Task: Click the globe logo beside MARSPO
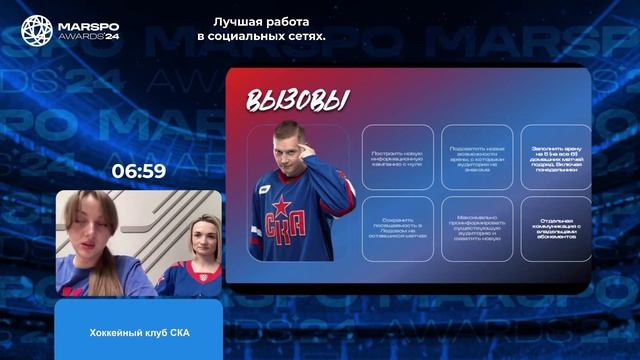point(40,32)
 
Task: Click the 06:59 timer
point(138,172)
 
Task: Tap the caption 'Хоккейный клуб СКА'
point(138,332)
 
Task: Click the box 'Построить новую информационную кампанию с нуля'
point(397,156)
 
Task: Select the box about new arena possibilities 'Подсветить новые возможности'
point(476,156)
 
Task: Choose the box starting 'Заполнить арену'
point(555,156)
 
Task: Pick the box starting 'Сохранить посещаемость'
point(397,229)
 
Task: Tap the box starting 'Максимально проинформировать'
point(476,229)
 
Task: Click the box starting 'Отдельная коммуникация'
point(555,229)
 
